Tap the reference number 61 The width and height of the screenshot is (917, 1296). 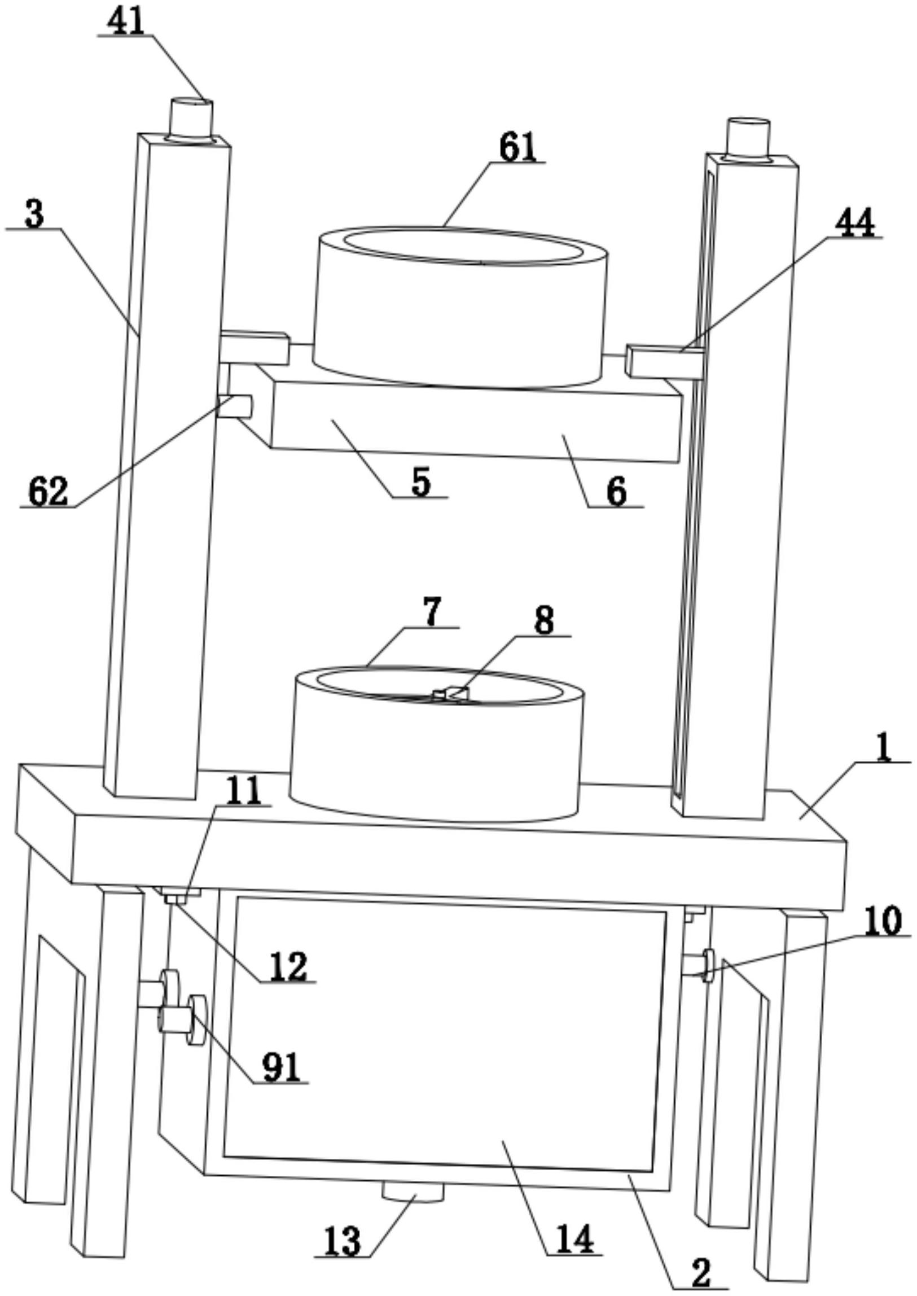tap(517, 148)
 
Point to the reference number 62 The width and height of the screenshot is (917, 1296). tap(48, 492)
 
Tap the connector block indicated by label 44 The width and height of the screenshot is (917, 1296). tap(665, 361)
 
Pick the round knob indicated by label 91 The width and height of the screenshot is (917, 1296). tap(196, 1021)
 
